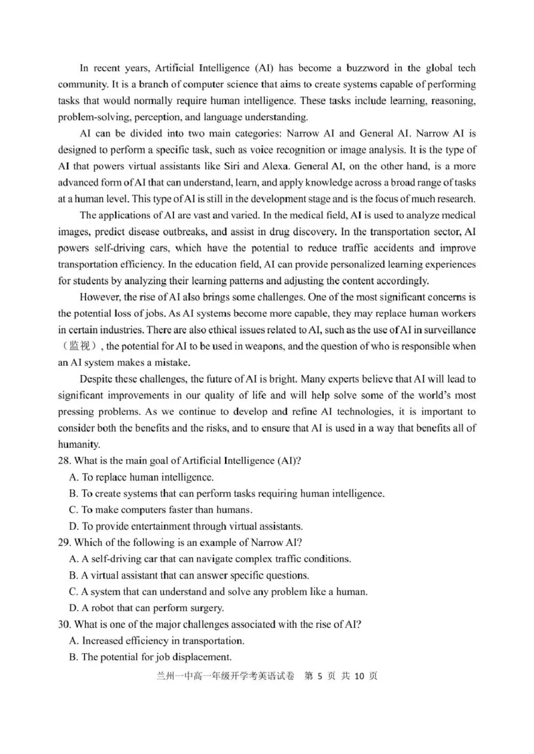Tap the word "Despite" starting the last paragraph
[99, 378]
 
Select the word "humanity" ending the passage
[78, 444]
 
